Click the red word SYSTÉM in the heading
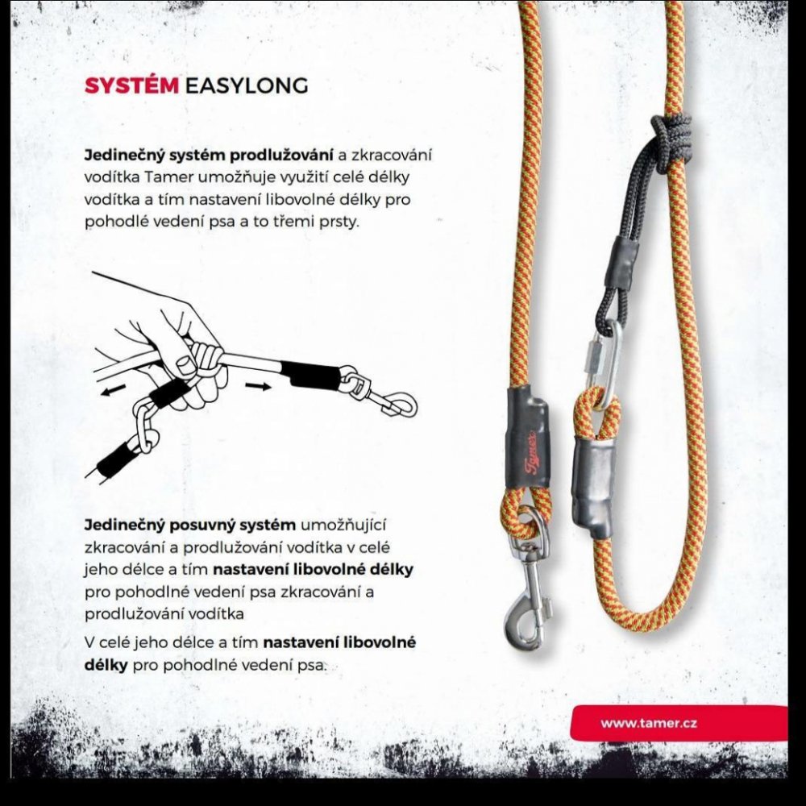[x=131, y=85]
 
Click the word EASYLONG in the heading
[x=246, y=85]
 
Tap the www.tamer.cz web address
[x=649, y=723]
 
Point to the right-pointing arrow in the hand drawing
[x=258, y=387]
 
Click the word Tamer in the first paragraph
[x=168, y=177]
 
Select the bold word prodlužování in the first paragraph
[x=280, y=155]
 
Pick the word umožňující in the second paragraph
[x=343, y=526]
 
